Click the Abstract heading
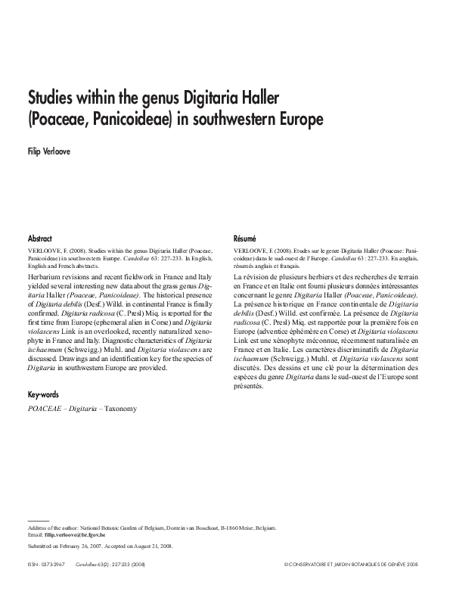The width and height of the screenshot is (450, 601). click(39, 237)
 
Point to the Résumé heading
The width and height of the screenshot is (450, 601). click(246, 237)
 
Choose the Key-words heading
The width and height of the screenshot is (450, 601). click(43, 395)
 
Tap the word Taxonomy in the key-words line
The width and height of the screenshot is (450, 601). click(120, 409)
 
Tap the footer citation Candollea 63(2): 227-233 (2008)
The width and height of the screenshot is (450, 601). click(113, 565)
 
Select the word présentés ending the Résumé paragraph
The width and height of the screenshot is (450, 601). click(249, 386)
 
